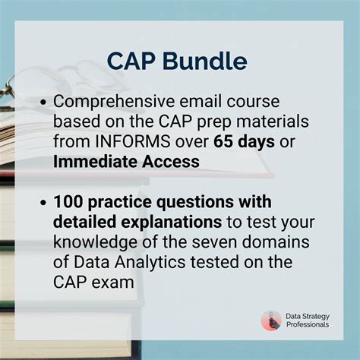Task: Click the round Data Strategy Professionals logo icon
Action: (270, 320)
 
